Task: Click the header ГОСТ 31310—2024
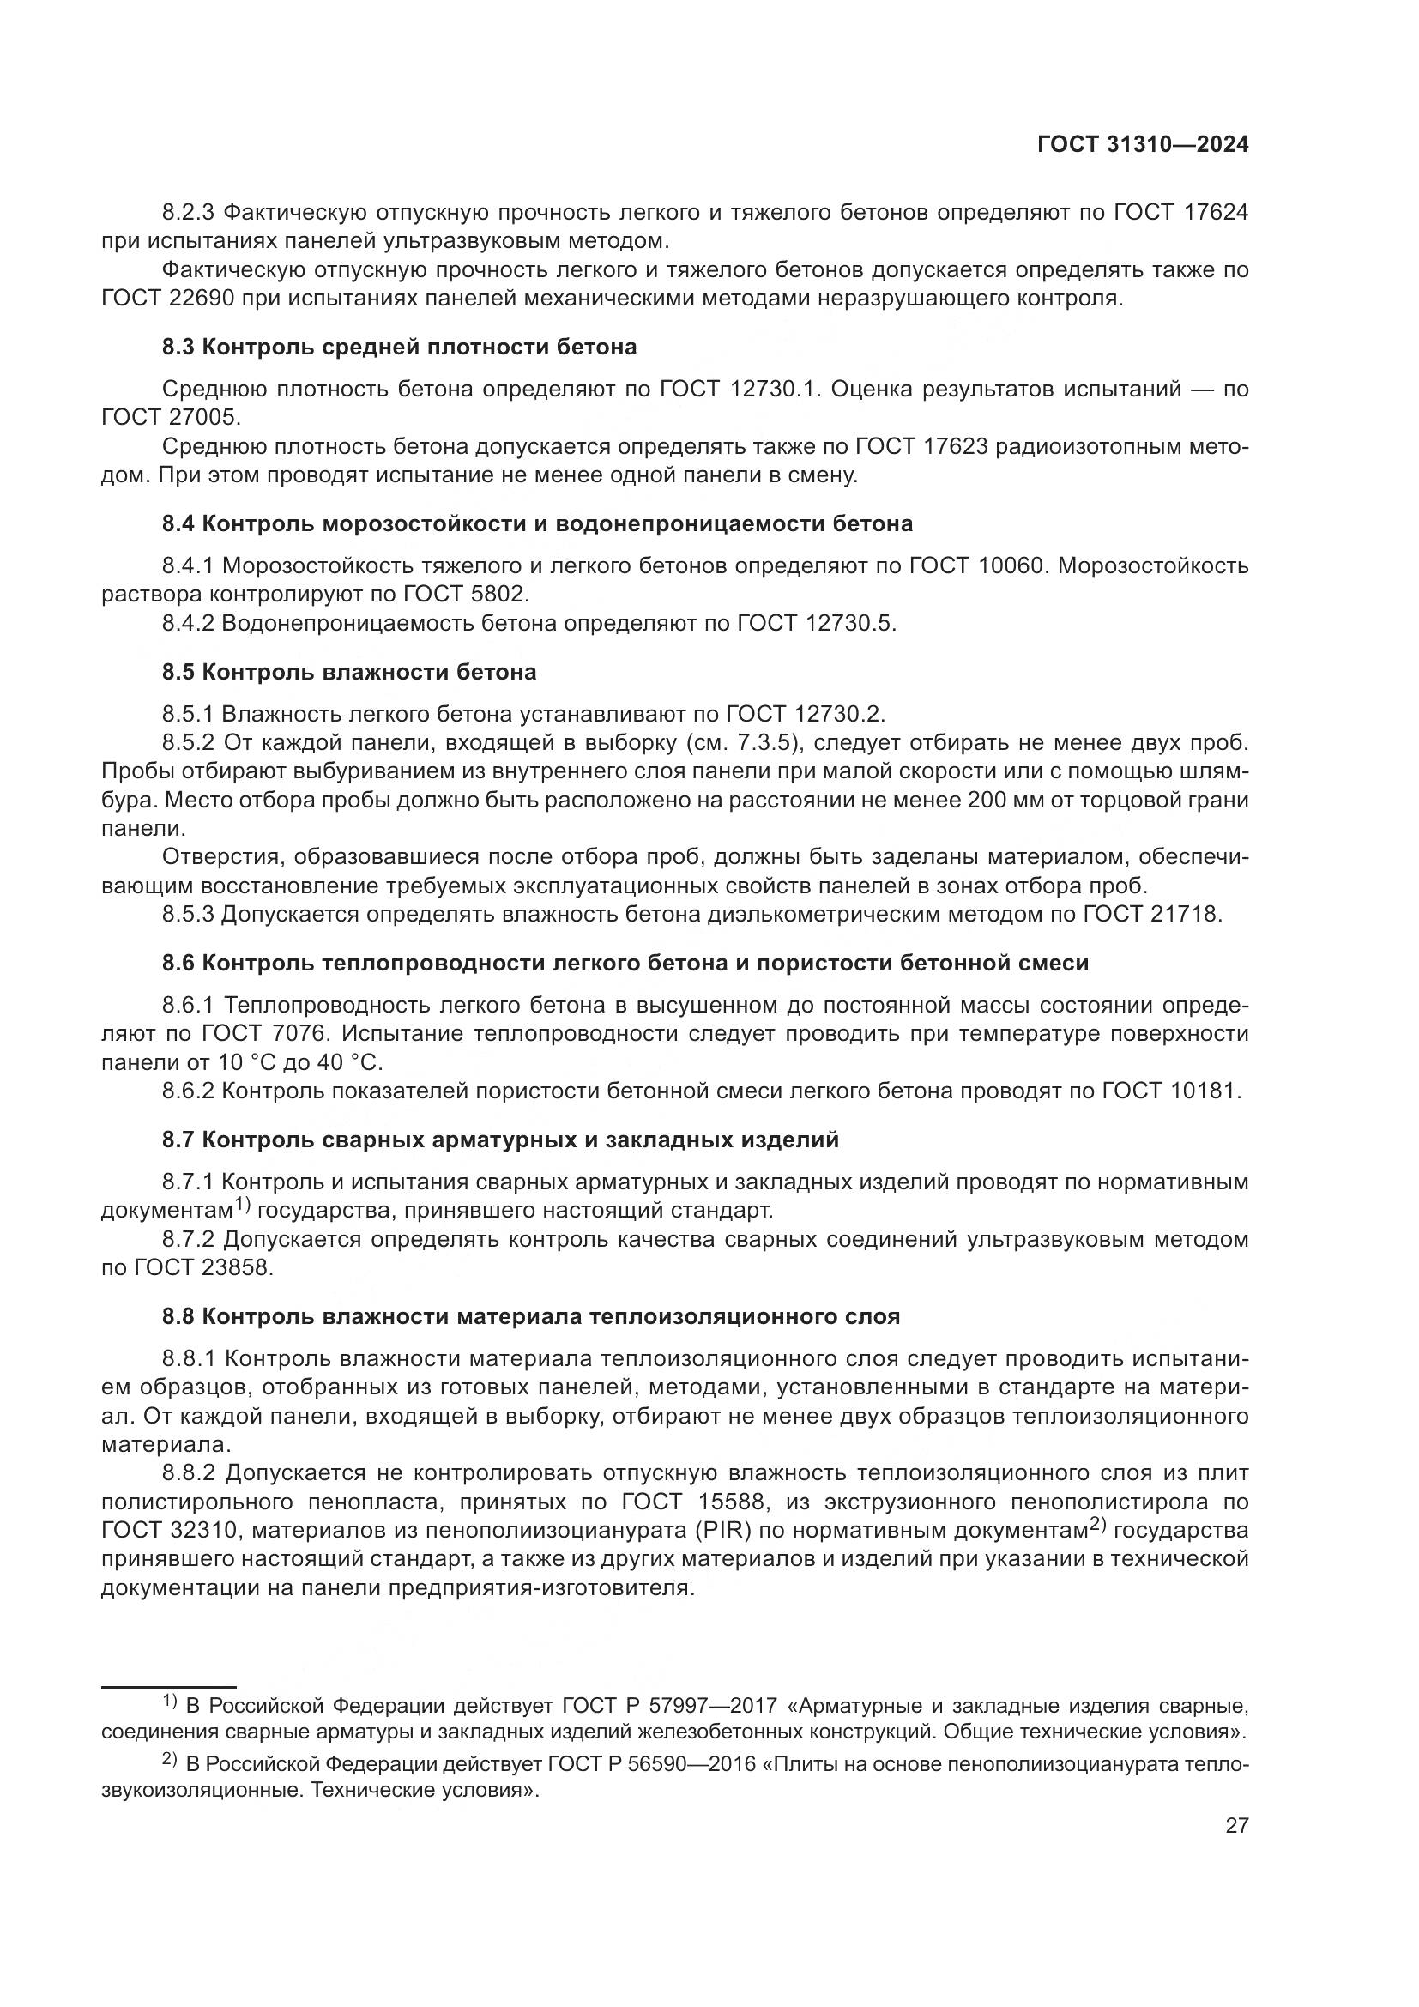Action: click(x=1142, y=145)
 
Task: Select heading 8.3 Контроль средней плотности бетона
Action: click(x=399, y=347)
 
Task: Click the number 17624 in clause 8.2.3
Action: click(x=1217, y=212)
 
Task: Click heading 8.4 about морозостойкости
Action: click(x=537, y=523)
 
